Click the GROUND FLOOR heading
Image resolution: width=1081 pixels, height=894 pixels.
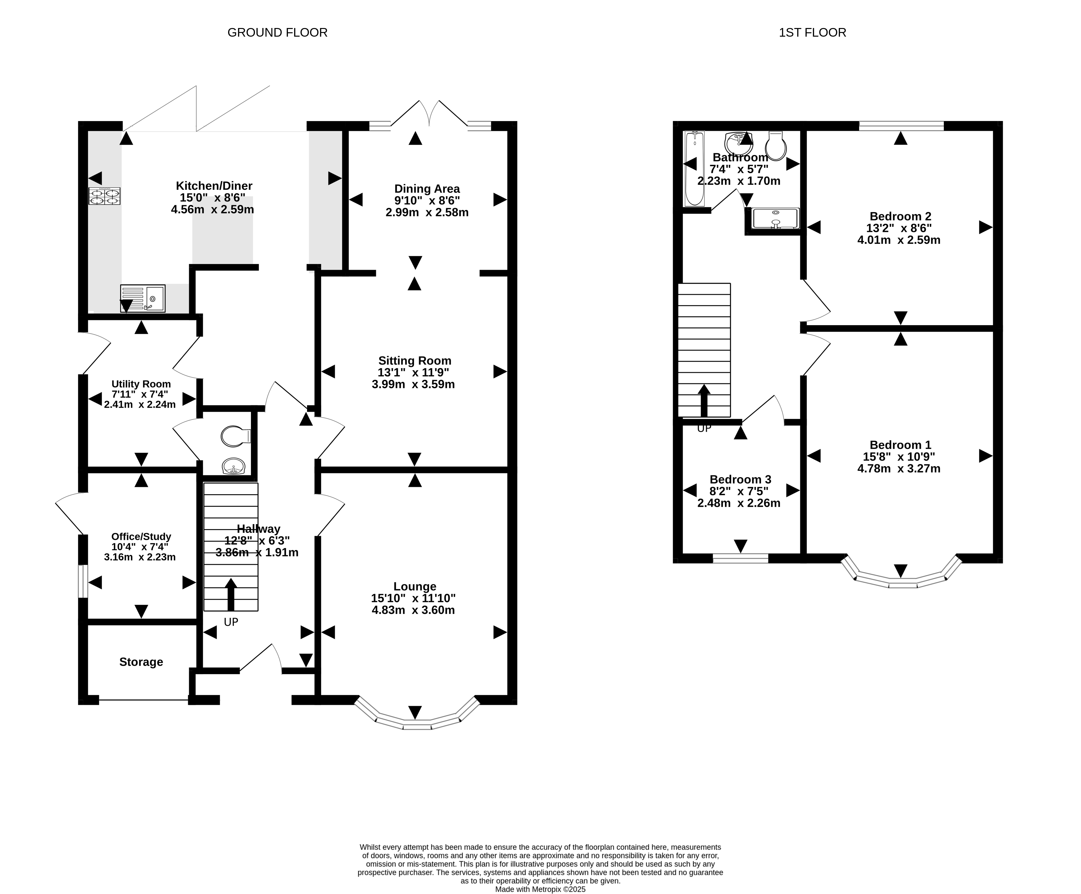[x=277, y=32]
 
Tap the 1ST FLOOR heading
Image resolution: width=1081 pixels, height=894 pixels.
[x=812, y=32]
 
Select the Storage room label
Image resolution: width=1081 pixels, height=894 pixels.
[x=141, y=662]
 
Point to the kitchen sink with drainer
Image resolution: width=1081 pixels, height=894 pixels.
[x=143, y=298]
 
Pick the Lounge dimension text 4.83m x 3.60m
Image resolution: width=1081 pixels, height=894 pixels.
[x=413, y=610]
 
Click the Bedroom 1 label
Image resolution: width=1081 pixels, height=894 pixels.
[x=900, y=445]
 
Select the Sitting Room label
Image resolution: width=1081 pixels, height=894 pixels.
[x=415, y=361]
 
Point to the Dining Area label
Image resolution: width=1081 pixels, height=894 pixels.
[x=427, y=189]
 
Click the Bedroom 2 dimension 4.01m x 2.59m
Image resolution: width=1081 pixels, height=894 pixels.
[x=899, y=240]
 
